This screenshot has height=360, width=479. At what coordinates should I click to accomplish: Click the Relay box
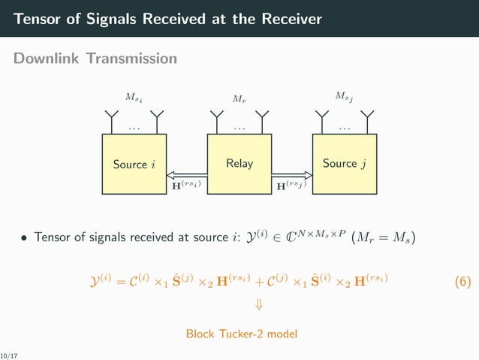coord(239,164)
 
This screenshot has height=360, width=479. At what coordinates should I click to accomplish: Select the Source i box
coord(134,164)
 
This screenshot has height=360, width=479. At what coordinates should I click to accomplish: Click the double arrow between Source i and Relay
coord(187,173)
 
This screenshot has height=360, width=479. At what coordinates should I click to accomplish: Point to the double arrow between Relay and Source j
coord(292,173)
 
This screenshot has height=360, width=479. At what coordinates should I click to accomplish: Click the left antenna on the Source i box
coord(112,119)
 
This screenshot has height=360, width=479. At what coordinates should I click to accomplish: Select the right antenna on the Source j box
coord(367,119)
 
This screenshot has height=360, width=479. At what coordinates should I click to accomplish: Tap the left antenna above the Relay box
coord(217,119)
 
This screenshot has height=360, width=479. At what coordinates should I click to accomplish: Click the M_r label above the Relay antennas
coord(239,98)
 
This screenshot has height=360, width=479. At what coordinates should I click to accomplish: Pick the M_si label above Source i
coord(133,96)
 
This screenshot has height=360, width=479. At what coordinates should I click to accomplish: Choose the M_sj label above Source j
coord(344,96)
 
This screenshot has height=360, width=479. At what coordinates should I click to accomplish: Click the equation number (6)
coord(462,282)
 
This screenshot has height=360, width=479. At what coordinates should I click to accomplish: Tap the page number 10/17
coord(9,352)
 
